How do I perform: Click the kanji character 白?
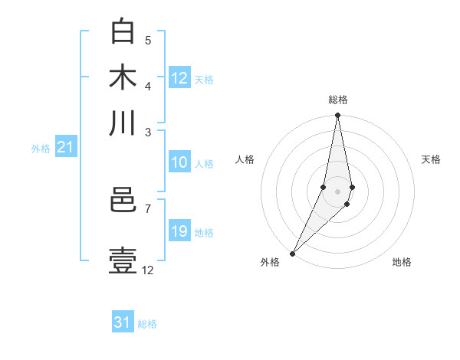[x=123, y=31]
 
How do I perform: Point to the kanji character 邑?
[x=123, y=201]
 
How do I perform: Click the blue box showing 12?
[x=179, y=78]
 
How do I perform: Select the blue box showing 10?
[x=179, y=162]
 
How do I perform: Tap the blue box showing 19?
[x=179, y=231]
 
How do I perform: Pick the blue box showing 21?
[x=64, y=148]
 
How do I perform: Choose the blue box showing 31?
[x=123, y=322]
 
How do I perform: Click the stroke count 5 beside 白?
[x=148, y=40]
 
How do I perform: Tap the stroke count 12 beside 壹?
[x=148, y=270]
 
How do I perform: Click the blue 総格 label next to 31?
[x=147, y=324]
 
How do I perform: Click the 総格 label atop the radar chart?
[x=337, y=100]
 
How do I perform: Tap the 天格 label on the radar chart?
[x=432, y=159]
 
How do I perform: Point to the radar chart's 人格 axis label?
[x=245, y=159]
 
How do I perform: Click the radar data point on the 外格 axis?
[x=292, y=254]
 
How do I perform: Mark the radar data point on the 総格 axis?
[x=337, y=116]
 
